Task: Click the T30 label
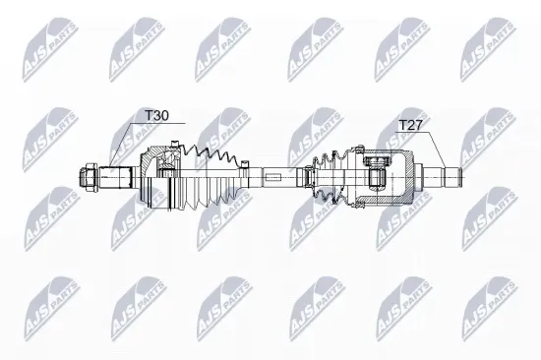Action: click(x=156, y=116)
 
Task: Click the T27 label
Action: click(x=411, y=125)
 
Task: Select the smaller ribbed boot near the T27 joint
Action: click(x=331, y=177)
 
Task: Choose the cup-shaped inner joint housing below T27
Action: click(x=390, y=177)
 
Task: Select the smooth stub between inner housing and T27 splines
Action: click(x=425, y=177)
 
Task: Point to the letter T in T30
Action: click(x=150, y=116)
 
